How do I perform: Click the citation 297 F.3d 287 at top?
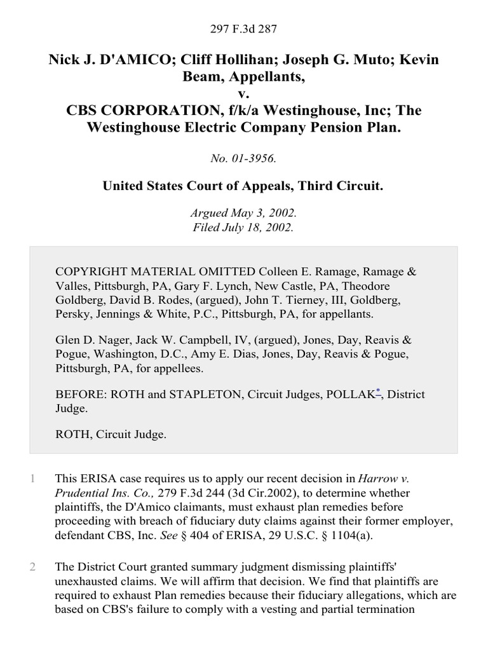[244, 29]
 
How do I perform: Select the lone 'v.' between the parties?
[244, 94]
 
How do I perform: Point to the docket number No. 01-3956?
[244, 159]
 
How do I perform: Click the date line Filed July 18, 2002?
[244, 227]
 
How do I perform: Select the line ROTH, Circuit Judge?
[111, 435]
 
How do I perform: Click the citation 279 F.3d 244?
[180, 493]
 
